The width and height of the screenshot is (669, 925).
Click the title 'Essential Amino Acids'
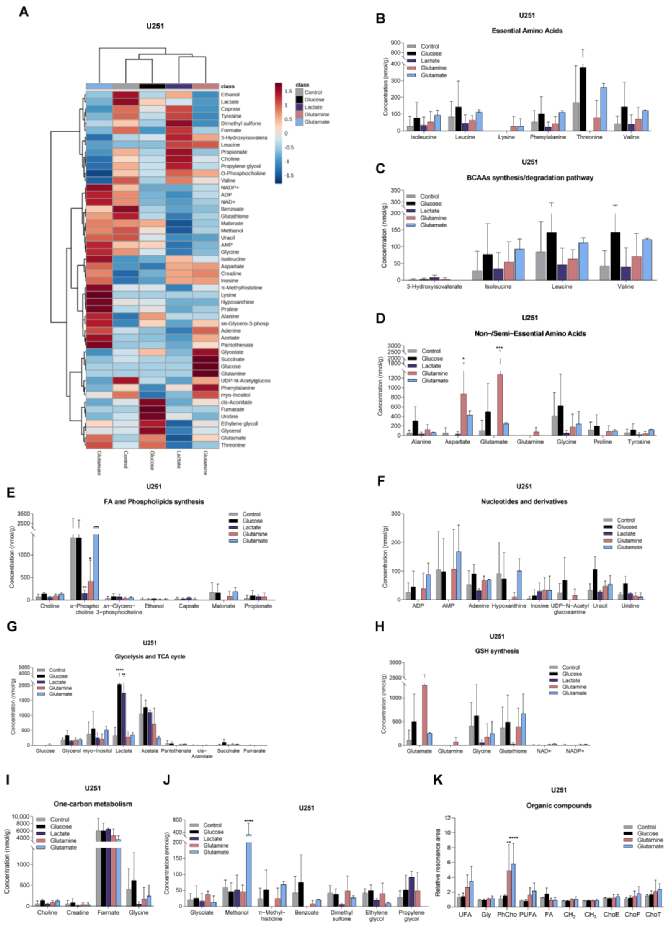click(x=527, y=31)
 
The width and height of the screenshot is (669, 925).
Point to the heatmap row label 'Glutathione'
click(x=235, y=216)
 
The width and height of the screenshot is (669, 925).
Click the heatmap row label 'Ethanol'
click(x=230, y=95)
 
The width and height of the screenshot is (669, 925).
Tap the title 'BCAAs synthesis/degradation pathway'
click(x=529, y=178)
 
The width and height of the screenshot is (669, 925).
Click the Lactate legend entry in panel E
click(x=251, y=527)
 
